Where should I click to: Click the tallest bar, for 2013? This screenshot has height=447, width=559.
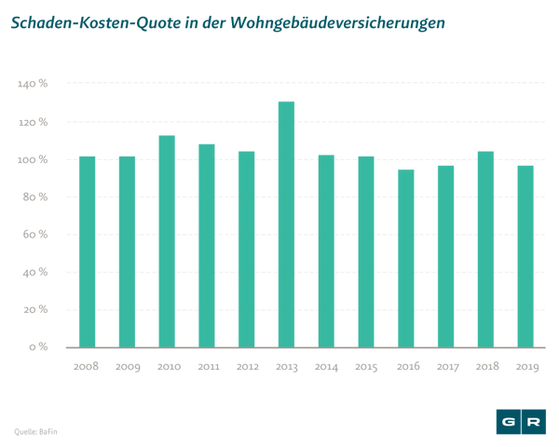[286, 223]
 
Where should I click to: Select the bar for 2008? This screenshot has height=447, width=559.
[87, 251]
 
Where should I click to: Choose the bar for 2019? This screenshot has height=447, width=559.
[525, 256]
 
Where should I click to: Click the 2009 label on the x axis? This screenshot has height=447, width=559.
[127, 367]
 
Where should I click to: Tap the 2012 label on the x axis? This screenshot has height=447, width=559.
[246, 367]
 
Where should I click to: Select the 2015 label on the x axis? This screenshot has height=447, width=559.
[366, 367]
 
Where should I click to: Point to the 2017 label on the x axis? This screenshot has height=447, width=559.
[445, 367]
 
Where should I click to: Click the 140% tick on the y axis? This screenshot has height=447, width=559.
[33, 84]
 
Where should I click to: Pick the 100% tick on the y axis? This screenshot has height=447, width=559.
[33, 159]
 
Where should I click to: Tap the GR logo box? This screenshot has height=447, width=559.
[521, 422]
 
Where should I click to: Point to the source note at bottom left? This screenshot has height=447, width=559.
[34, 431]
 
